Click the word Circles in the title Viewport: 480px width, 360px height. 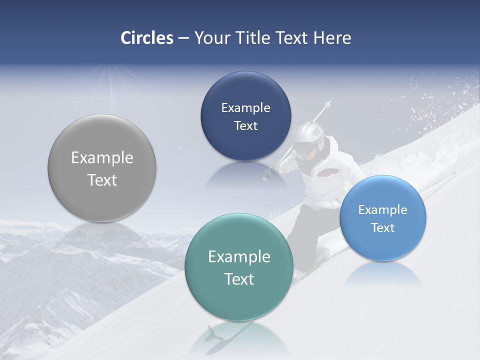[146, 38]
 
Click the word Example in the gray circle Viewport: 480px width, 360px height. [102, 158]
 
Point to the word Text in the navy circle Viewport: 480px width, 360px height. [245, 126]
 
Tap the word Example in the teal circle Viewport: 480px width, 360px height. [239, 257]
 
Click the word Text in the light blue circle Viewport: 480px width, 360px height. [383, 228]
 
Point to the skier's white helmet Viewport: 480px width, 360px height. [306, 134]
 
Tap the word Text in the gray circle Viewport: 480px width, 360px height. [102, 180]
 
